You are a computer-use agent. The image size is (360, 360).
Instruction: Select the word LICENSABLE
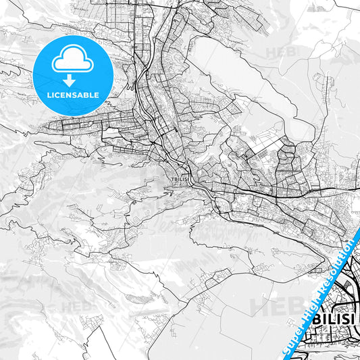coord(72,94)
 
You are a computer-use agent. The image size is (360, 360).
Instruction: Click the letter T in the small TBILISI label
coord(174,179)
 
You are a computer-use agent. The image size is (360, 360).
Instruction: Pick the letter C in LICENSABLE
coord(58,94)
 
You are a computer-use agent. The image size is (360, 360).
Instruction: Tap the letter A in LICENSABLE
coord(82,94)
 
